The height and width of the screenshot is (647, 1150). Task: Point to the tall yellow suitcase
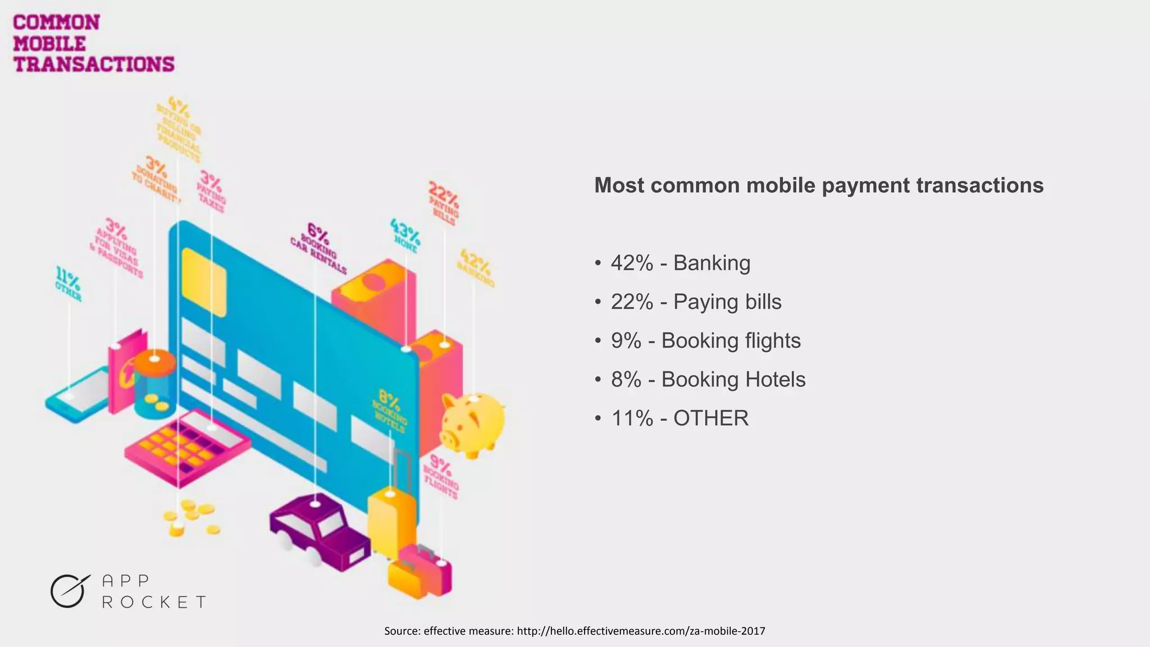point(391,520)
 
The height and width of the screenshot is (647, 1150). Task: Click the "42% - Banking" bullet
point(680,263)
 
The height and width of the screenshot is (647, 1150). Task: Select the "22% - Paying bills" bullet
point(696,302)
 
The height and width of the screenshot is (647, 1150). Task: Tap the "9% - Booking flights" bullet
point(705,340)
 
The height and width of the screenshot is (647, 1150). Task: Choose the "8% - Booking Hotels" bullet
point(708,379)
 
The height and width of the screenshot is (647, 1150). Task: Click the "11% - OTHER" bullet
point(679,418)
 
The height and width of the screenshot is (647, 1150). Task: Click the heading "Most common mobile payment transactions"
point(819,185)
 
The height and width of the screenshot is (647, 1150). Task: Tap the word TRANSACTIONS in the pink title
point(94,64)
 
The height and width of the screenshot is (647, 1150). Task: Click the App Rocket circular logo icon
point(69,591)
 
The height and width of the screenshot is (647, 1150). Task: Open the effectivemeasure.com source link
point(641,631)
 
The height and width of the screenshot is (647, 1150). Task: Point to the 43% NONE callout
point(405,235)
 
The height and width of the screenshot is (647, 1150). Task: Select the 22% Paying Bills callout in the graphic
point(444,202)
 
